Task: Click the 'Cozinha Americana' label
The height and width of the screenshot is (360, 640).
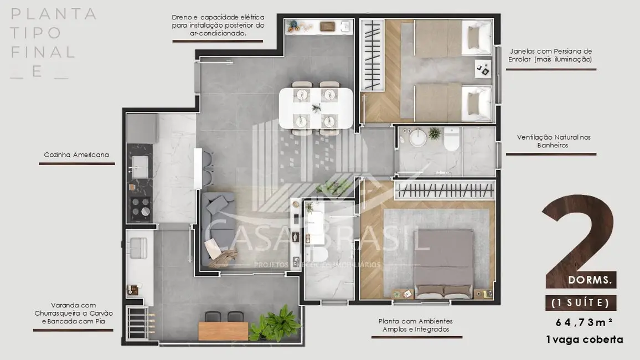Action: pyautogui.click(x=76, y=155)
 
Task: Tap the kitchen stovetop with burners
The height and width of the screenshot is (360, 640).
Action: pyautogui.click(x=141, y=208)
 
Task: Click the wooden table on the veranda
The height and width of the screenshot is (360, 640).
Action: pyautogui.click(x=224, y=330)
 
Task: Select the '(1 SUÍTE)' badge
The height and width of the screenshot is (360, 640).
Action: pyautogui.click(x=580, y=302)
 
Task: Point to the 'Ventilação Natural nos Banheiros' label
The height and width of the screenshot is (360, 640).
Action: pyautogui.click(x=551, y=141)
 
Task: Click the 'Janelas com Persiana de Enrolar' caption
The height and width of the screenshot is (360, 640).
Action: pyautogui.click(x=551, y=55)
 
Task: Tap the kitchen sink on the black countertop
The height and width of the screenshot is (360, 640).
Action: pyautogui.click(x=139, y=164)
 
